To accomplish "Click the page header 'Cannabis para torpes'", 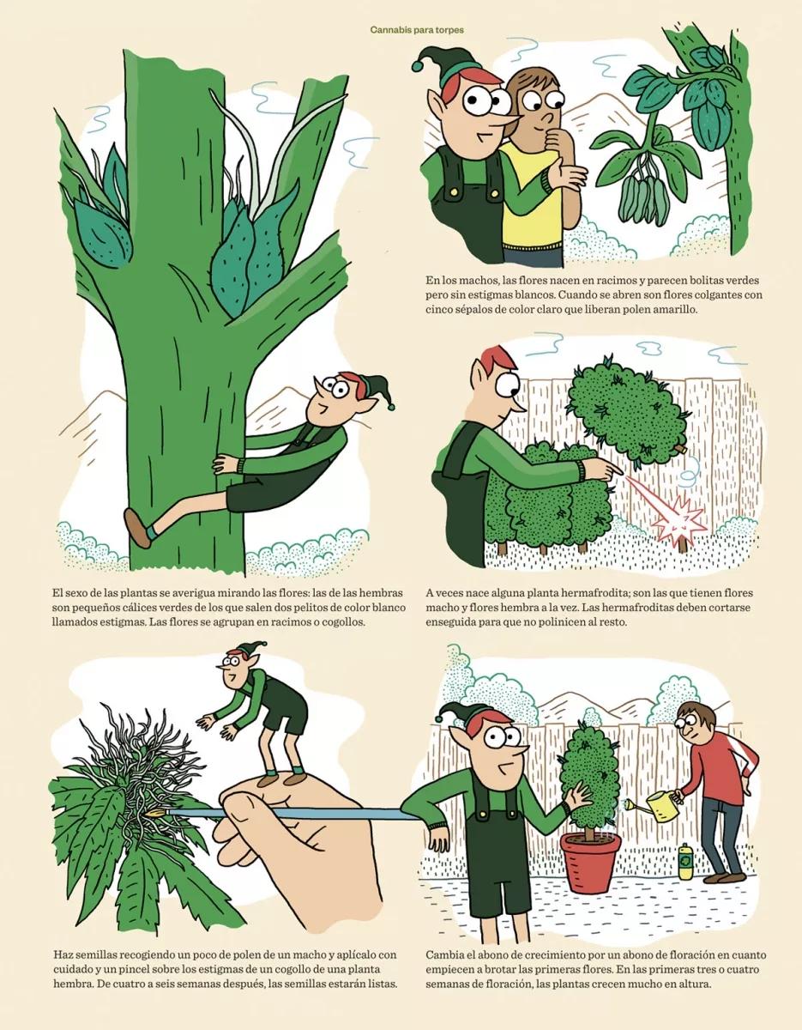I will click(x=417, y=29).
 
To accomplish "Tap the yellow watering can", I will click(x=649, y=807).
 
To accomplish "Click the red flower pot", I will click(x=591, y=860).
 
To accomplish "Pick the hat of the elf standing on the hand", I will click(x=246, y=650).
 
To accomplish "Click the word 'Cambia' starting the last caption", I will click(x=446, y=954).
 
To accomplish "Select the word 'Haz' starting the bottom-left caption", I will click(x=63, y=954).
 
